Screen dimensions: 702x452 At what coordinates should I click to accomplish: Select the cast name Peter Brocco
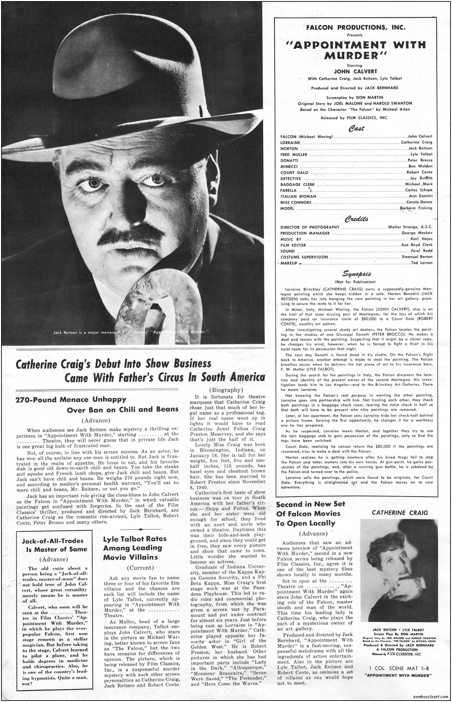tap(420, 160)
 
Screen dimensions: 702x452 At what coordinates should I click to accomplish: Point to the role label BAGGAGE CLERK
tap(297, 184)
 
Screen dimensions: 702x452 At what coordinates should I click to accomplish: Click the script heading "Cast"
tap(356, 128)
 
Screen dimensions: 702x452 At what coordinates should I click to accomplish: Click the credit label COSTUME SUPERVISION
tap(304, 257)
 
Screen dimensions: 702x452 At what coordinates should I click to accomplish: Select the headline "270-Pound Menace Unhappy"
tap(71, 399)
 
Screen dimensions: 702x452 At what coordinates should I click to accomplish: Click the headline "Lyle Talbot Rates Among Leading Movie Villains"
tap(135, 548)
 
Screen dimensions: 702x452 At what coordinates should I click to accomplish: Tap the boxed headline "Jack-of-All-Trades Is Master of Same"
tap(54, 545)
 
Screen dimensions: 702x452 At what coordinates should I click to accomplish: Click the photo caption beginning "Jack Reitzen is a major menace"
tap(131, 332)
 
